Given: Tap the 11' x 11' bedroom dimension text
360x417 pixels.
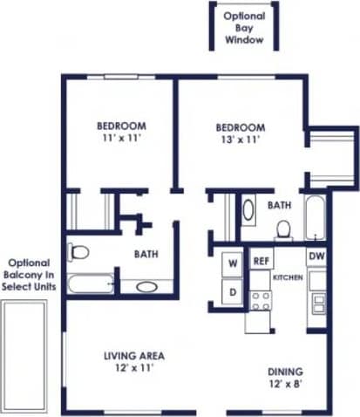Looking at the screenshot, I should click(x=121, y=138).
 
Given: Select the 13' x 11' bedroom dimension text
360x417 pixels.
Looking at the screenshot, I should click(x=240, y=138).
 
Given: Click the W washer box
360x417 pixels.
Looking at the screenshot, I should click(x=234, y=262).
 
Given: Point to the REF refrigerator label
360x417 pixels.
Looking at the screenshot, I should click(x=260, y=261).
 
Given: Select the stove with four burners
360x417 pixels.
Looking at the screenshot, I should click(x=260, y=300).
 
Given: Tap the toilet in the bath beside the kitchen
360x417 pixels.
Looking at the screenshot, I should click(x=283, y=229).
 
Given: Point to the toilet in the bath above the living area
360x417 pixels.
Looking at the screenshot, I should click(x=78, y=253).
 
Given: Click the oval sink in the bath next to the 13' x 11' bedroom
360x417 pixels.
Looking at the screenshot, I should click(x=248, y=210).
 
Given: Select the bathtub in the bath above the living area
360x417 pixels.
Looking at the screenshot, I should click(x=92, y=284).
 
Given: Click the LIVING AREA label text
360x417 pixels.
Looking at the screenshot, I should click(x=134, y=356).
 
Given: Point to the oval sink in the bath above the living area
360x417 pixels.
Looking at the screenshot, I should click(x=146, y=285).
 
